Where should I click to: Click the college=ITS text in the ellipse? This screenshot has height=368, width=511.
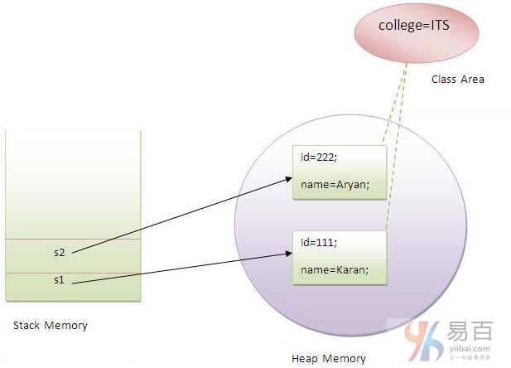click(x=414, y=26)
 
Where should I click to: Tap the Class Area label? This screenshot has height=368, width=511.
click(x=457, y=80)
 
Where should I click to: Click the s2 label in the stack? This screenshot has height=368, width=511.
click(x=58, y=252)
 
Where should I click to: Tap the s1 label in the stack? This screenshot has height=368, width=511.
click(x=58, y=280)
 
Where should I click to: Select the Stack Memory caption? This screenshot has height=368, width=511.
click(x=51, y=326)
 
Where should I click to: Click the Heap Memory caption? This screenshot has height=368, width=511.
click(x=328, y=358)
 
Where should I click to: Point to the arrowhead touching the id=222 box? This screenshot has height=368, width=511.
click(x=287, y=177)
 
